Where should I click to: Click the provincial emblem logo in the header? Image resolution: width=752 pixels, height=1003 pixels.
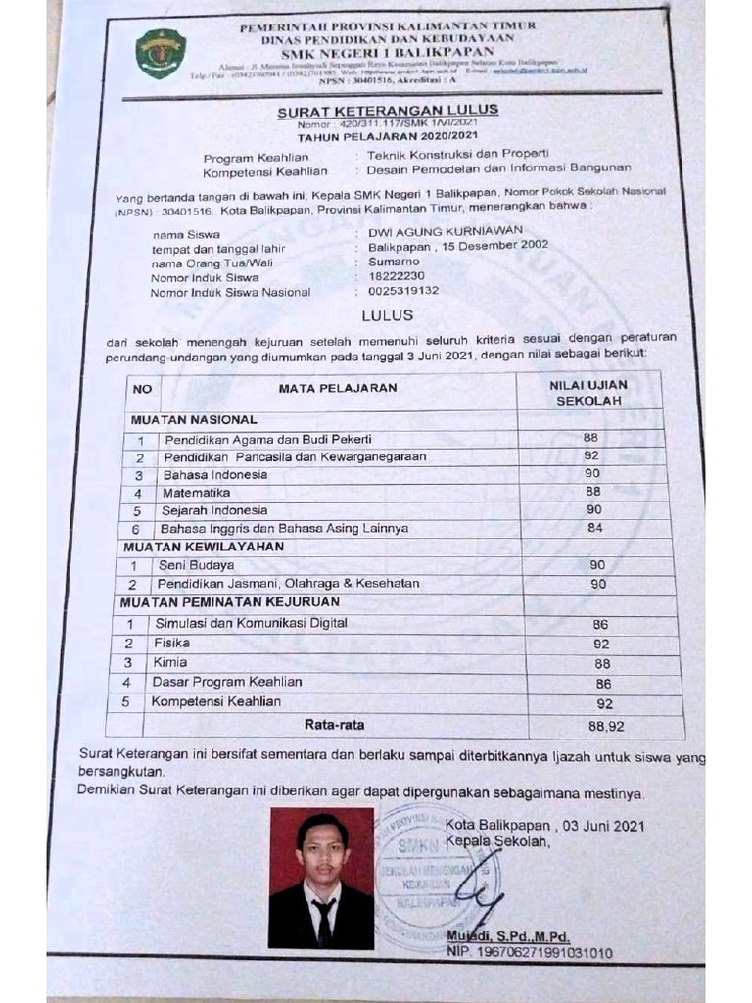tap(161, 53)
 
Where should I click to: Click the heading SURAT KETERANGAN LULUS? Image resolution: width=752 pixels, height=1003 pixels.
tap(388, 111)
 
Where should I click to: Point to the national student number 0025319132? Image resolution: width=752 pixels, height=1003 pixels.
tap(403, 291)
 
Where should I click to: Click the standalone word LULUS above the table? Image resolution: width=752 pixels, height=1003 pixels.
tap(388, 315)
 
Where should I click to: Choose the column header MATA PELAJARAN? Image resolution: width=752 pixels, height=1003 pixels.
tap(338, 388)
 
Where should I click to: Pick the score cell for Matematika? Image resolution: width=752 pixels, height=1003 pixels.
tap(593, 491)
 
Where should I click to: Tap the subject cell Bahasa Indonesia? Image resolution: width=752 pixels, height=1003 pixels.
tap(214, 474)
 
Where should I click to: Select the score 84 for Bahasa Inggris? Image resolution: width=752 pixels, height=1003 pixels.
tap(593, 529)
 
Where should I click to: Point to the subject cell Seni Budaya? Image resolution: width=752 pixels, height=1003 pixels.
tap(196, 565)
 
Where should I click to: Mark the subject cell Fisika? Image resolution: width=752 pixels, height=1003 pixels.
tap(171, 644)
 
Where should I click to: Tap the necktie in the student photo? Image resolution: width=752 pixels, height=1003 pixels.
tap(323, 920)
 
